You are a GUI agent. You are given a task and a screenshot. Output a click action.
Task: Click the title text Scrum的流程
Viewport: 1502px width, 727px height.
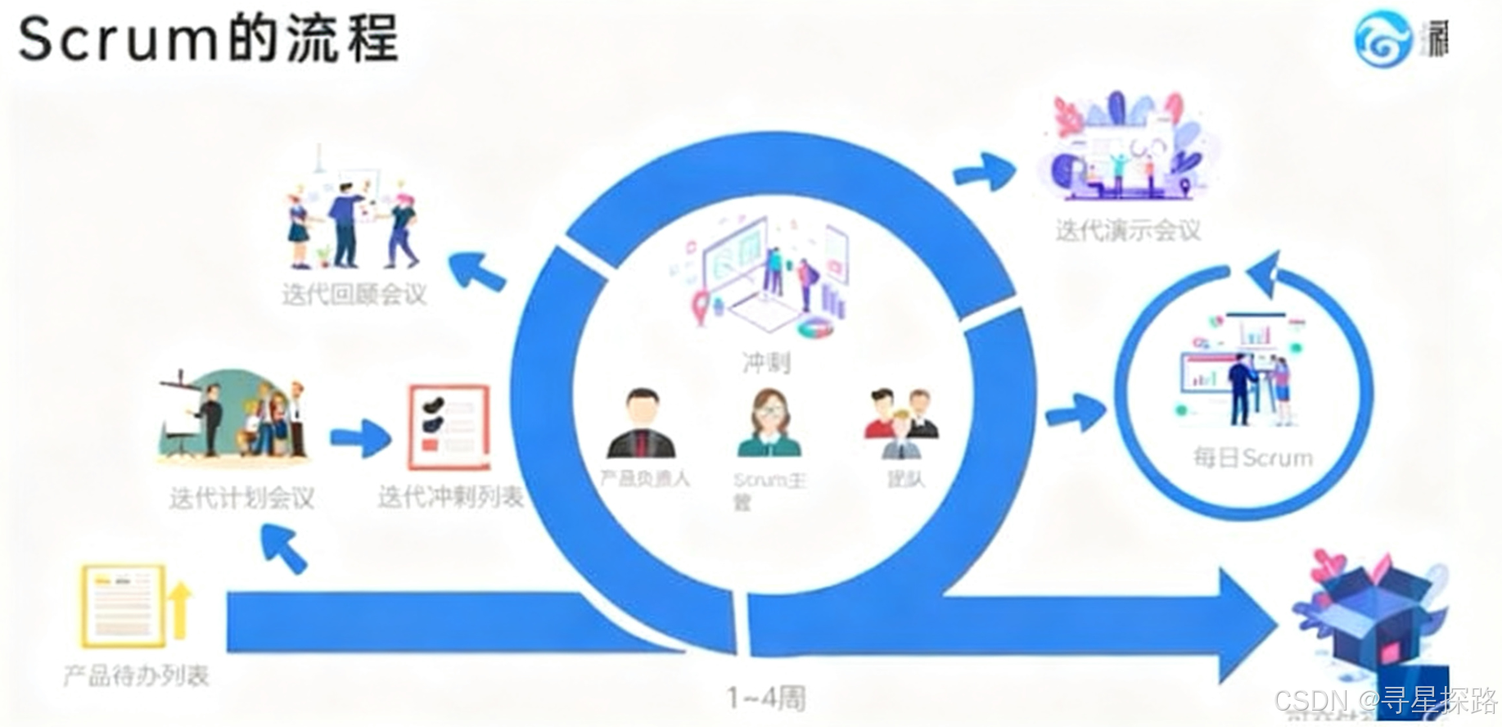click(209, 38)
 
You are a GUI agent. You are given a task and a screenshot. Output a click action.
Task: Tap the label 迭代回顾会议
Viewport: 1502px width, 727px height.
click(354, 294)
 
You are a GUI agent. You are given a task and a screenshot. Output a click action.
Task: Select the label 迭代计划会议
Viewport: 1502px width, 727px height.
click(241, 497)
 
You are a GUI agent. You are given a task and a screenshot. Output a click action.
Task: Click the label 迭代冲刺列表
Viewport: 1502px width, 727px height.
click(450, 496)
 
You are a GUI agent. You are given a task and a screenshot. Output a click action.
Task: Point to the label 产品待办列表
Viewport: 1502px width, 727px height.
click(137, 675)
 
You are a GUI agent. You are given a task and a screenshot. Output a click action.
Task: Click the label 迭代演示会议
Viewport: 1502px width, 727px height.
click(1128, 230)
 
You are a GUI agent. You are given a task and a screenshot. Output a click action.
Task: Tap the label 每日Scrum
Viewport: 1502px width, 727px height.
click(1252, 457)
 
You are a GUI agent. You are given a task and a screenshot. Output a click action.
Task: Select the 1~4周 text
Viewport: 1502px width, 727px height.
click(766, 698)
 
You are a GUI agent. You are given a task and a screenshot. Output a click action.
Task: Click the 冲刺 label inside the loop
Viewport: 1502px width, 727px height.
click(766, 361)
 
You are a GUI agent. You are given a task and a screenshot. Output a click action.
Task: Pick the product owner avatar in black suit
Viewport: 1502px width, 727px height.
click(642, 424)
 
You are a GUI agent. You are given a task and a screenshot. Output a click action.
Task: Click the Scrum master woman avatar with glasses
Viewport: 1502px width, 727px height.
click(769, 424)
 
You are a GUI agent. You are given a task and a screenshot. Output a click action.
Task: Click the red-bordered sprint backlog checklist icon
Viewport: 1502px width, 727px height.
click(449, 426)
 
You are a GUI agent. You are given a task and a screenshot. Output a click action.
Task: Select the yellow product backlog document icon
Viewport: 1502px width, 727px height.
click(123, 605)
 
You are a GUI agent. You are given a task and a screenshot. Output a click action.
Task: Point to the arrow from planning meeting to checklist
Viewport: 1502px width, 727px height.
click(361, 438)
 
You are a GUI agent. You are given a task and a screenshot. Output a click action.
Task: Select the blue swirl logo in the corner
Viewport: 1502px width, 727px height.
click(1382, 38)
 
